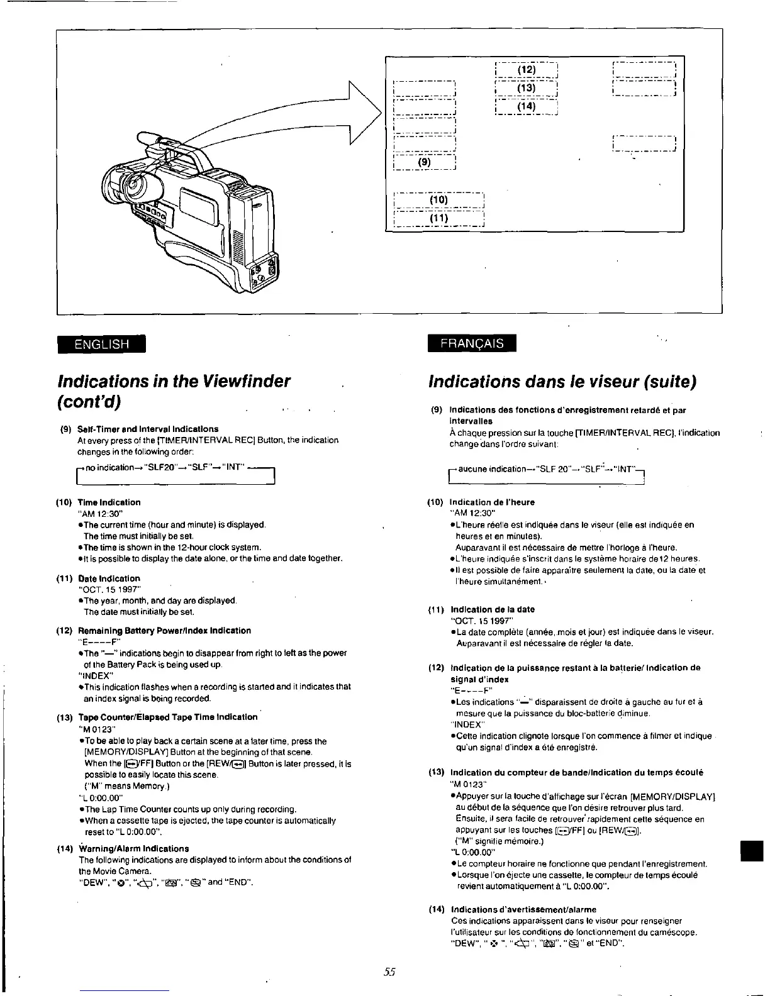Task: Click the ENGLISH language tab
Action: (101, 344)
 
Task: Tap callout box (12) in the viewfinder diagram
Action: (527, 70)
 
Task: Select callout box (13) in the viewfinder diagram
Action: (527, 88)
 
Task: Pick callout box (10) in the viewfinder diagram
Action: (438, 200)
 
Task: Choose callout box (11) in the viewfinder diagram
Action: (438, 218)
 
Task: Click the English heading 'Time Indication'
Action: (109, 502)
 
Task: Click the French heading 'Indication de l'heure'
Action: (492, 502)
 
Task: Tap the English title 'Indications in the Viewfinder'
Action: (174, 381)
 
